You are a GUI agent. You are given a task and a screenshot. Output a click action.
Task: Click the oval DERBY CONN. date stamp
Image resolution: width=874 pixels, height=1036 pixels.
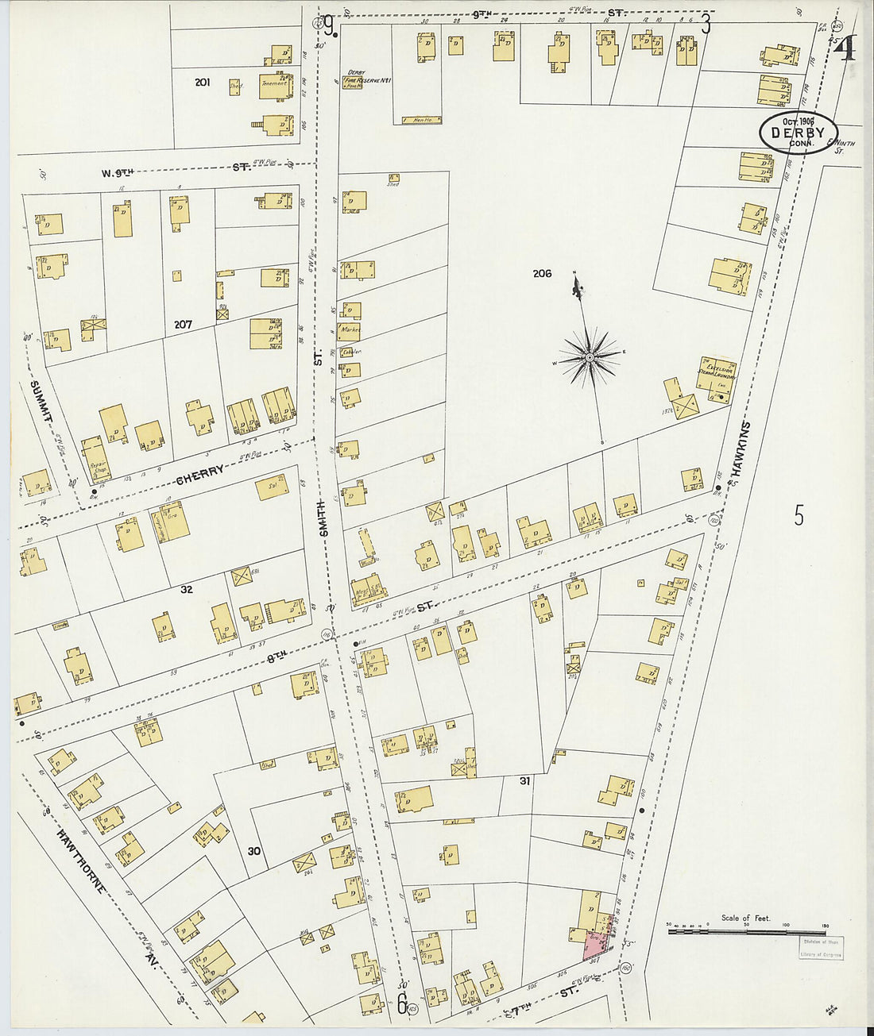click(798, 132)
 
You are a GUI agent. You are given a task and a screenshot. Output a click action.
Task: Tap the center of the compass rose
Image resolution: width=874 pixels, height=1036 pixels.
click(590, 359)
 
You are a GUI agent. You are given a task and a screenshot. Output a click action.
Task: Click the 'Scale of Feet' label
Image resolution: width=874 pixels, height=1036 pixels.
click(745, 918)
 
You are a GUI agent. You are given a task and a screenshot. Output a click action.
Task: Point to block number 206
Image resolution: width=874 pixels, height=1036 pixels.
click(542, 274)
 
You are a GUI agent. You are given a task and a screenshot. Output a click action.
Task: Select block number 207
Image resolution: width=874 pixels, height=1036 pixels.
click(183, 325)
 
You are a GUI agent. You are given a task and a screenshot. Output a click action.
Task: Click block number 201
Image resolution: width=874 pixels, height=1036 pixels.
click(202, 82)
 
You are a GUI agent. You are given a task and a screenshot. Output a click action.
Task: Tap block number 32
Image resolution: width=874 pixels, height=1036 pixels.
click(186, 590)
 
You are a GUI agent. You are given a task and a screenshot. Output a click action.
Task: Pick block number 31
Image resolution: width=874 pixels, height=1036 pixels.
click(524, 781)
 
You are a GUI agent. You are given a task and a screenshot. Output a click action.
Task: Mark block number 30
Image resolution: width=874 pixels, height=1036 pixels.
click(253, 852)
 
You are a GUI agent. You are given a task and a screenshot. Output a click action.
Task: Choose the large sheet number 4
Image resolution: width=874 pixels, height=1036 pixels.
click(845, 49)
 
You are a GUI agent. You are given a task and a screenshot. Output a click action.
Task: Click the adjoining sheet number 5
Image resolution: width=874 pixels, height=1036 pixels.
click(799, 515)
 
